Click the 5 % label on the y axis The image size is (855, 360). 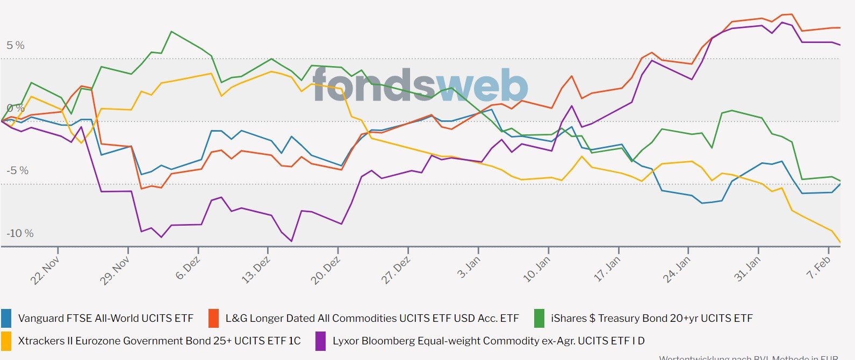tap(16, 46)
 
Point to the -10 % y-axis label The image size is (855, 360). tap(20, 233)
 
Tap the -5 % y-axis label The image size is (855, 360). tap(18, 171)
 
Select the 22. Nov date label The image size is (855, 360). tap(45, 270)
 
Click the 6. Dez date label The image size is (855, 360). tap(188, 268)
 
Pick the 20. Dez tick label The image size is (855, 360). tap(326, 270)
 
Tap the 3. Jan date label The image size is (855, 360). tap(469, 267)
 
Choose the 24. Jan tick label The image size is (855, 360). tap(676, 270)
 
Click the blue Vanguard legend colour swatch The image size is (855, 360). tap(6, 319)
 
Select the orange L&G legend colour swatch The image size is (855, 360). tap(213, 319)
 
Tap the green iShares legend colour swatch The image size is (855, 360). tap(539, 319)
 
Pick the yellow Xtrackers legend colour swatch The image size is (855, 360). tap(6, 341)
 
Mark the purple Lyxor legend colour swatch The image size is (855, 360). tap(320, 341)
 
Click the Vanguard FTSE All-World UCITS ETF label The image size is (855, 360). tap(105, 319)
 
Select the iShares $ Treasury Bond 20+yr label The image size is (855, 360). tap(651, 319)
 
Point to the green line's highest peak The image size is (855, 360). tap(171, 32)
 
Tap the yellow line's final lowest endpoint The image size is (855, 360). tap(840, 242)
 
